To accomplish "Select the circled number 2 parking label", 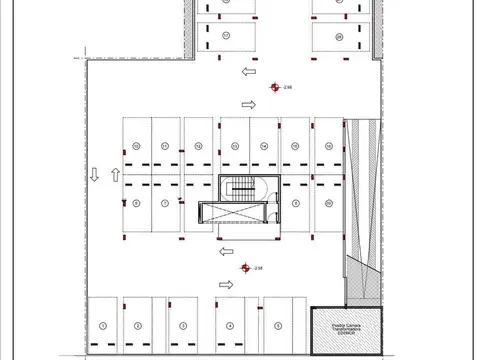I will coord(136,326).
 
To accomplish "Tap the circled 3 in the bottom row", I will coord(184,326).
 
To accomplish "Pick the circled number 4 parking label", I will coord(231,326).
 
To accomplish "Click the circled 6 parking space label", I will coord(136,202).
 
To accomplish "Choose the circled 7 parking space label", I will coord(164,202).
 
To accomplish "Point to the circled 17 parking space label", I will coord(227,35).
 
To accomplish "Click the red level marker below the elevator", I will coord(244,267).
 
